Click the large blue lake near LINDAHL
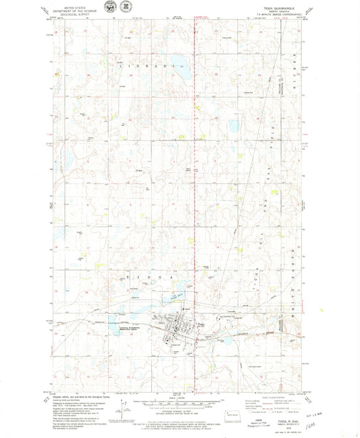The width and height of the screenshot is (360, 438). (x=181, y=66)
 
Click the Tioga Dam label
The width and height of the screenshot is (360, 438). (x=177, y=294)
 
